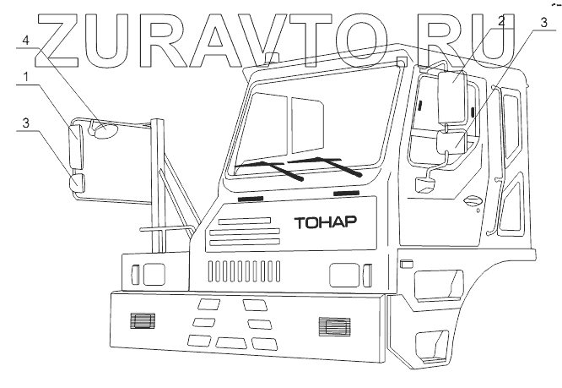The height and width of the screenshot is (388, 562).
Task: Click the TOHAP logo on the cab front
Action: click(326, 224)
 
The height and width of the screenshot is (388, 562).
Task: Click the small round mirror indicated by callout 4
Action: click(105, 130)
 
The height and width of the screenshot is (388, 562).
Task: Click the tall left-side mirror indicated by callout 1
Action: click(76, 146)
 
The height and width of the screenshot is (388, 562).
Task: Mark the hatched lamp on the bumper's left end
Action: click(140, 320)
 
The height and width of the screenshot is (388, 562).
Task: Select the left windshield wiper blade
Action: click(278, 169)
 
